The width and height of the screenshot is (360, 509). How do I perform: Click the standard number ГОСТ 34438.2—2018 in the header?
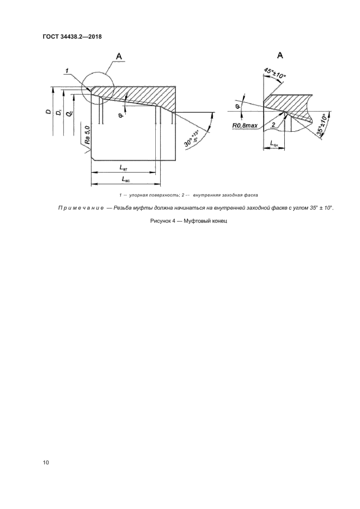point(72,37)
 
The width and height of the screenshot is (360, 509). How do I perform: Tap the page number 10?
point(46,463)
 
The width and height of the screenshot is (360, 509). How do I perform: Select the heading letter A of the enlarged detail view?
point(279,55)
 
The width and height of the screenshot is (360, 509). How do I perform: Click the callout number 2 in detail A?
point(273,125)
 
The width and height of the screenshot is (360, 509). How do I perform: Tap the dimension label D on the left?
point(48,112)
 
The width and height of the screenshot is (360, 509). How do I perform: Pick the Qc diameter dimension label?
point(69,114)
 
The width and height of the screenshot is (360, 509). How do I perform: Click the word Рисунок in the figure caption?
point(160,222)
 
